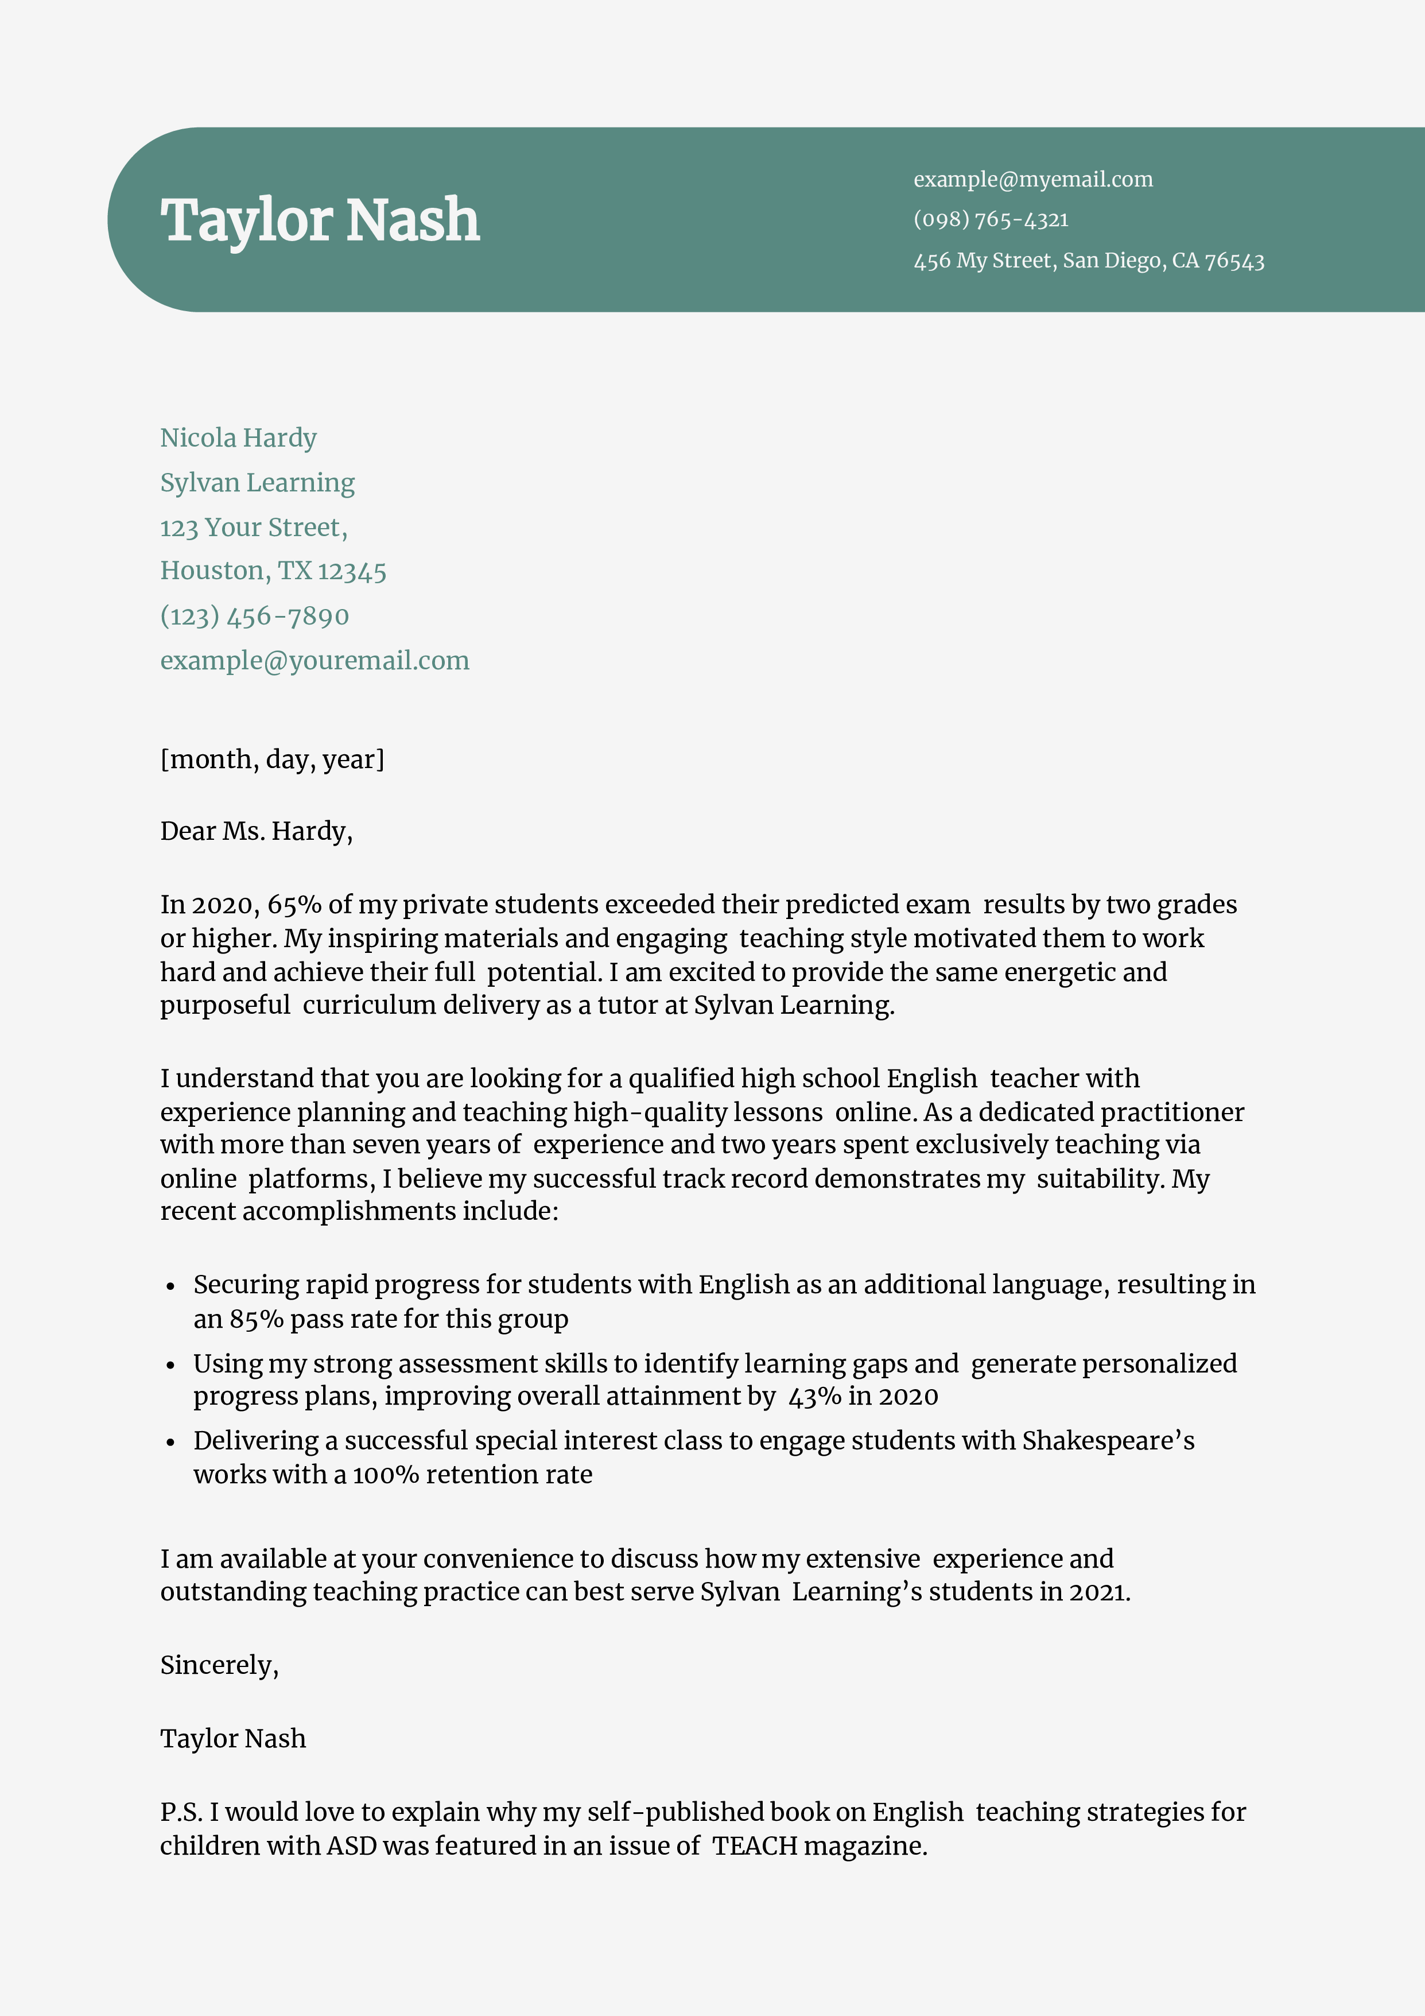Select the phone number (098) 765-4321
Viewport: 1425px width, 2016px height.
(991, 219)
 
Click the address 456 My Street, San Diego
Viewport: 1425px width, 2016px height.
(1088, 261)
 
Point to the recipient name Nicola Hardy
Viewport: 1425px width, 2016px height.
(238, 437)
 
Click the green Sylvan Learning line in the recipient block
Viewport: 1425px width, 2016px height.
(257, 482)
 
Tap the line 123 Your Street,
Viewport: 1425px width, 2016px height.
(254, 527)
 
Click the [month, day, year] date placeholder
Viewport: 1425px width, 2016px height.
(272, 759)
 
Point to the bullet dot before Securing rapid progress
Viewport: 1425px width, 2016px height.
(171, 1286)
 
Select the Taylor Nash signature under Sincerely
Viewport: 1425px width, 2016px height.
(232, 1739)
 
